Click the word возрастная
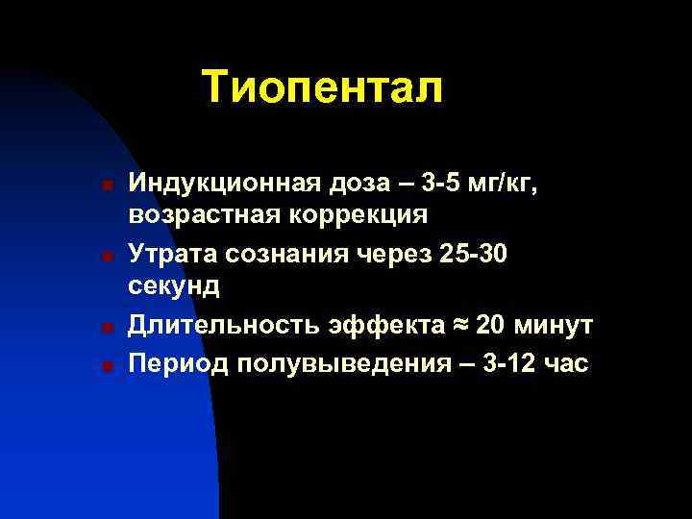pos(198,213)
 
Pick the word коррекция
pos(354,213)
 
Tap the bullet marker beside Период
pos(111,365)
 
